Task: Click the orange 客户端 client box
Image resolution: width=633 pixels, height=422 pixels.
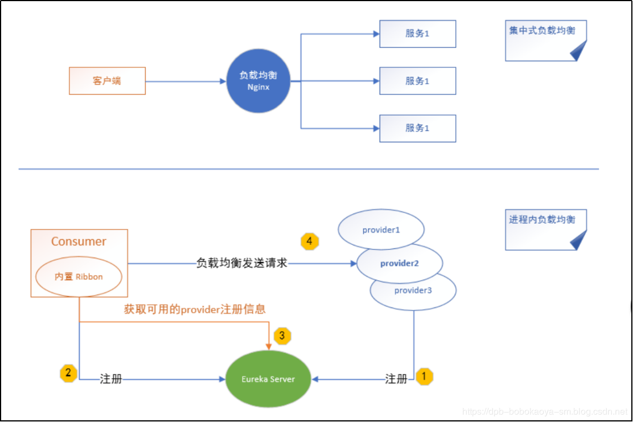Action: tap(107, 81)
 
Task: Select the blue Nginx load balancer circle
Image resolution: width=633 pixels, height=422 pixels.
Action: tap(258, 81)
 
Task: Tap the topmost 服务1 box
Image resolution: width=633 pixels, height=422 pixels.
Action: tap(418, 34)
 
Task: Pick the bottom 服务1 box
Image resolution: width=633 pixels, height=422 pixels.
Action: tap(418, 128)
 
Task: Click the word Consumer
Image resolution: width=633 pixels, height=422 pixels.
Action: tap(79, 241)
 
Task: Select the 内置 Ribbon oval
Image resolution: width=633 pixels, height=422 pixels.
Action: tap(79, 276)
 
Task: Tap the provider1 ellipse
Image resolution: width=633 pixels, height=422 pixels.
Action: tap(381, 230)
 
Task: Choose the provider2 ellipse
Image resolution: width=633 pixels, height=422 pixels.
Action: tap(400, 263)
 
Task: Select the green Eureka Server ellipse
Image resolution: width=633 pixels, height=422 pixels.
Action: tap(268, 379)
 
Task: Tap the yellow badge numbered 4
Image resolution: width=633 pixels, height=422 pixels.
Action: tap(310, 241)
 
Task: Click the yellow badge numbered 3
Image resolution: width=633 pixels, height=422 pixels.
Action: tap(282, 335)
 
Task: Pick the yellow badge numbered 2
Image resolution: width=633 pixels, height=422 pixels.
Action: tap(68, 374)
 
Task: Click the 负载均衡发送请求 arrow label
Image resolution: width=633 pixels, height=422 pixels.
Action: tap(241, 264)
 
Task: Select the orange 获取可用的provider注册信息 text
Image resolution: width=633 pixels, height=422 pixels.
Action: tap(195, 309)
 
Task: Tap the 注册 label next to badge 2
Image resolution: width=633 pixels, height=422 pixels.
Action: tap(111, 379)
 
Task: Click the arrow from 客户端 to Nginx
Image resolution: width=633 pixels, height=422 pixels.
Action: tap(186, 81)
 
